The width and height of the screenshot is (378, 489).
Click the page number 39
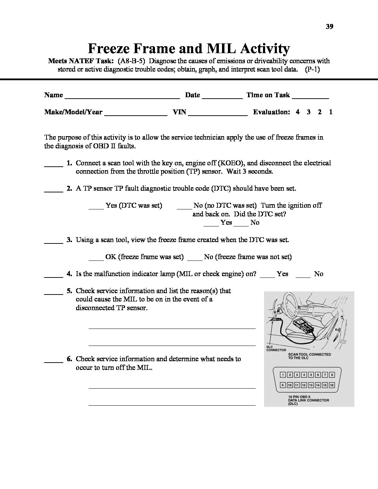point(330,27)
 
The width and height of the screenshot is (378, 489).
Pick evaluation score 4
point(297,112)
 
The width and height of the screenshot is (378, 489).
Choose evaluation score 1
point(331,112)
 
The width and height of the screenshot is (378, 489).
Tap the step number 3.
point(69,240)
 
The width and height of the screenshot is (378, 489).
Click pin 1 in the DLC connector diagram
point(283,375)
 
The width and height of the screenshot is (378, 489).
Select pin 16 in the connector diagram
point(332,385)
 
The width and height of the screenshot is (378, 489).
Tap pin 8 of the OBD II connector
point(332,375)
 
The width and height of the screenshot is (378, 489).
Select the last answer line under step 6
point(172,405)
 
